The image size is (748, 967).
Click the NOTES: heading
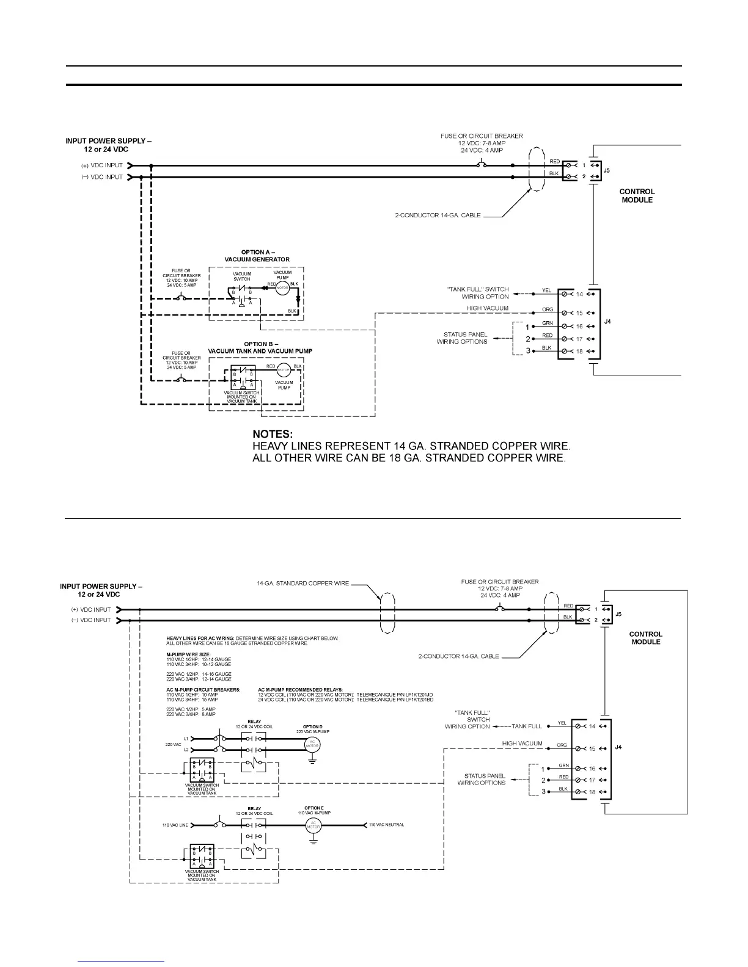[x=273, y=434]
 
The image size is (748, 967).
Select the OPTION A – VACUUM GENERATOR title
[x=257, y=256]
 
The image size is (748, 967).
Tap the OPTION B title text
[x=260, y=347]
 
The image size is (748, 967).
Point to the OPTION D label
[x=312, y=727]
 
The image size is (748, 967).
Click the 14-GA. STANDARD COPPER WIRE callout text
[x=302, y=583]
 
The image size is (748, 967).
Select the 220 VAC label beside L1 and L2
[x=174, y=744]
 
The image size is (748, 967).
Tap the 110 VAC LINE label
[x=175, y=825]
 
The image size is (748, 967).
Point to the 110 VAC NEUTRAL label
[x=386, y=825]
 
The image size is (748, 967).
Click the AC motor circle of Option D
[x=312, y=744]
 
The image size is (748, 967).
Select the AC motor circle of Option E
[x=313, y=825]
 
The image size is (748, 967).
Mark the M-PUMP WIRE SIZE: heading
[x=188, y=654]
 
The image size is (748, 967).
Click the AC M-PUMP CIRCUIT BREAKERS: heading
[x=203, y=689]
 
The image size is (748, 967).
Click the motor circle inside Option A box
[x=282, y=288]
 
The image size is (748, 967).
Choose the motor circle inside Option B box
[x=284, y=370]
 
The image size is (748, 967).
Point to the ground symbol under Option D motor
[x=312, y=761]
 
